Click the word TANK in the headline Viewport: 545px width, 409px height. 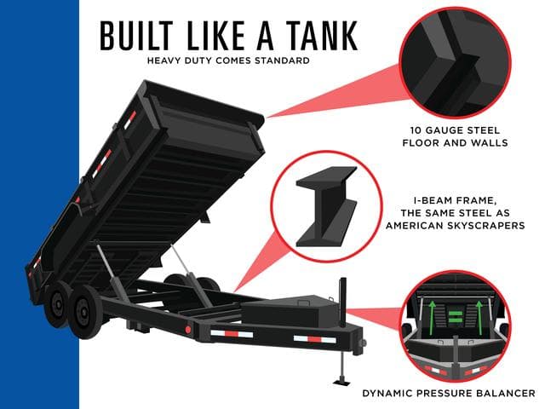[x=322, y=36]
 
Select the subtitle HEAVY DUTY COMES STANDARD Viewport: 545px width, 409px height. [x=228, y=60]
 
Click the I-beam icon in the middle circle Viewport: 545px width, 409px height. [x=326, y=206]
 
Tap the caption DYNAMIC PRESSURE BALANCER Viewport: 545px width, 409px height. [x=449, y=394]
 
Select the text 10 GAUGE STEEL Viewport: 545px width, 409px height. [x=455, y=130]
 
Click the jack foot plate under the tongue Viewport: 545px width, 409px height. [x=341, y=382]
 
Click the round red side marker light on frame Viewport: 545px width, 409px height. [x=188, y=330]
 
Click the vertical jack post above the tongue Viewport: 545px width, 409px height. [x=342, y=302]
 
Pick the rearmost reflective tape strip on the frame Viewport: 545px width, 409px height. [x=232, y=334]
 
